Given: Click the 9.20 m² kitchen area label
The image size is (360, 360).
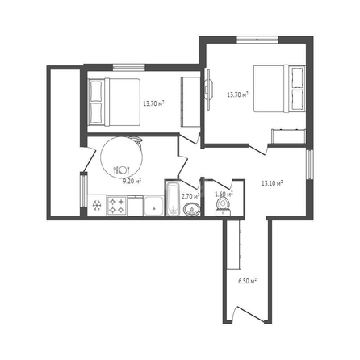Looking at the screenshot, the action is click(132, 181).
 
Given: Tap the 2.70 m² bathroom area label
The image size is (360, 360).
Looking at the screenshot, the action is click(190, 196).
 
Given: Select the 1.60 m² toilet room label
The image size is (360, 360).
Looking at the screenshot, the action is click(224, 194).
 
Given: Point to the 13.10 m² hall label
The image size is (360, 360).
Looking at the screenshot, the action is click(272, 183).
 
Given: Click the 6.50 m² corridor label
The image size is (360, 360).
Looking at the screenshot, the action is click(247, 281).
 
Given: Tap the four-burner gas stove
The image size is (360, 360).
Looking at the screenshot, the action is click(117, 206).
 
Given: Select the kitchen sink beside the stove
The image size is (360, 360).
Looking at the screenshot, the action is click(153, 206).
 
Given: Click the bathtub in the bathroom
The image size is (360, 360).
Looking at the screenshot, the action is click(173, 199).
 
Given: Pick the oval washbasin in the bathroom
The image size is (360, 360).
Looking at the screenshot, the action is click(192, 210).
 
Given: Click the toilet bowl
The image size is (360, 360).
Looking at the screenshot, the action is click(223, 207).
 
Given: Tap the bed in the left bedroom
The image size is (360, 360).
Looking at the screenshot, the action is click(115, 102).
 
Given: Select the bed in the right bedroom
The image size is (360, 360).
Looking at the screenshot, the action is click(279, 89).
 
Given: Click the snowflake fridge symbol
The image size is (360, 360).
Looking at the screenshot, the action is click(97, 206).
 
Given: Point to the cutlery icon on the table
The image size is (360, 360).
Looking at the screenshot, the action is click(122, 170).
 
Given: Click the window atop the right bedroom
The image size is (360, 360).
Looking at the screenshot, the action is click(257, 40).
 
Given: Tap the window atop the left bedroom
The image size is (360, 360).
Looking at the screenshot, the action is click(129, 68).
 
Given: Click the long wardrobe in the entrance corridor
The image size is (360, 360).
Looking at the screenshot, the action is click(234, 245).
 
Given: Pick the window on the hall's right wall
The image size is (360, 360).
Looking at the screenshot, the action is click(310, 165).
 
